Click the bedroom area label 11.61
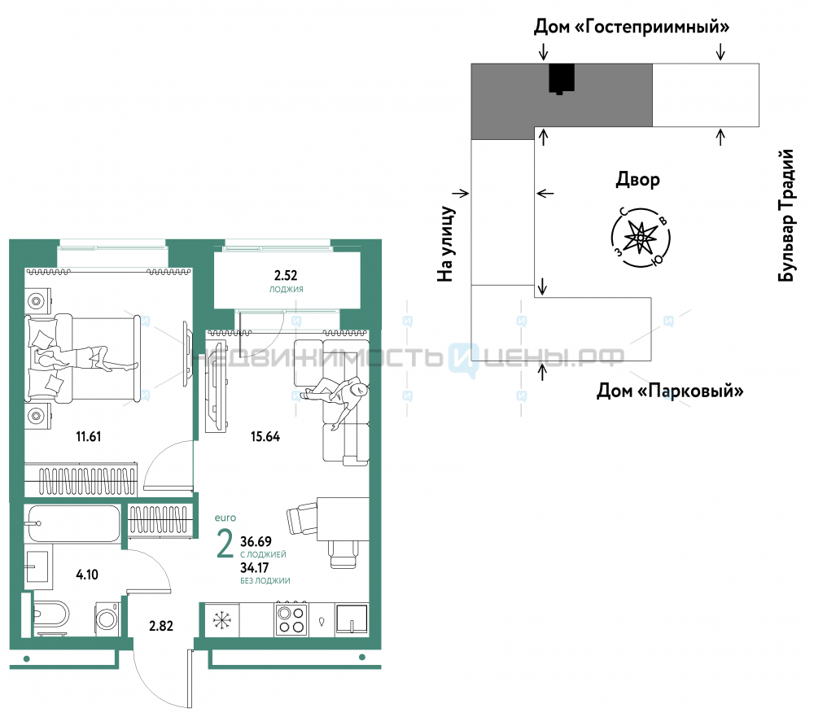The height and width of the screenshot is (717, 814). click(x=88, y=436)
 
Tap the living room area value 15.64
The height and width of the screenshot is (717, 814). click(x=265, y=436)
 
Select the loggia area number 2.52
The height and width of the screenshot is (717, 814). click(x=286, y=275)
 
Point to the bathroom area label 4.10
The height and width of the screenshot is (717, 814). click(x=87, y=575)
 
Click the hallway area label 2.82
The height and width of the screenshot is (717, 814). click(x=161, y=626)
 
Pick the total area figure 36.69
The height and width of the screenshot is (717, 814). click(x=256, y=541)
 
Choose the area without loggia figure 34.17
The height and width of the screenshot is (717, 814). click(x=254, y=567)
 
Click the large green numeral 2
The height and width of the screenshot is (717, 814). click(x=225, y=544)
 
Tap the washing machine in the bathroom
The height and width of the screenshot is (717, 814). click(x=108, y=619)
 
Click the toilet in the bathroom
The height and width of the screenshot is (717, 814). click(x=50, y=614)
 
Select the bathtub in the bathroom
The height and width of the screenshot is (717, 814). click(x=72, y=523)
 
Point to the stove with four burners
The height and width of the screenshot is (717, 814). click(x=291, y=619)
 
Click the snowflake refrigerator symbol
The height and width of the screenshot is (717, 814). click(x=222, y=620)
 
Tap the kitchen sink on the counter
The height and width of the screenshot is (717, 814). click(x=352, y=619)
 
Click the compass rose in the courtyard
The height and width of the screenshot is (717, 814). click(x=641, y=238)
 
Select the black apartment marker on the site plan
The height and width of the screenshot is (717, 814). click(x=562, y=78)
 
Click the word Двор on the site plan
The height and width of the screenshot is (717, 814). click(x=637, y=180)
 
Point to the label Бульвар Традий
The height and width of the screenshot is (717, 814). click(x=786, y=216)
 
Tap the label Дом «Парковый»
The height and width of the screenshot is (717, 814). click(x=670, y=391)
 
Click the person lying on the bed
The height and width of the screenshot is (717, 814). click(x=87, y=358)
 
